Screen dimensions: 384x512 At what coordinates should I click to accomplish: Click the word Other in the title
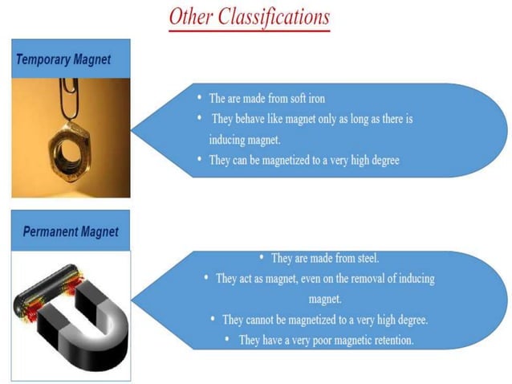click(190, 15)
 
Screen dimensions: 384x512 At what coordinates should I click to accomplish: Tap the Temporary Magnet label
click(63, 59)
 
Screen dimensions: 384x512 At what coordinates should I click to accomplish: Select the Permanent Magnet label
click(70, 232)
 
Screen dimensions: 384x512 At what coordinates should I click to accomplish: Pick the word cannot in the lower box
click(270, 320)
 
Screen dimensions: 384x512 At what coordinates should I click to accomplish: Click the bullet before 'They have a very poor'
click(230, 340)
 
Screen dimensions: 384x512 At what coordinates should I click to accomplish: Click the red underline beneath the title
click(250, 31)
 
